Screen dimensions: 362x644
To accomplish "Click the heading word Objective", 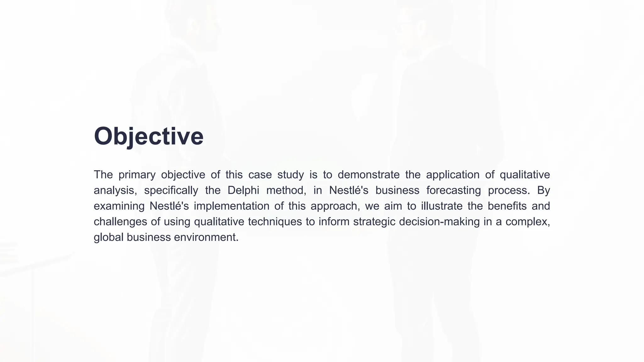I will coord(148,136).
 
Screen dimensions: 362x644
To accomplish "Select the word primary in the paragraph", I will coord(137,175).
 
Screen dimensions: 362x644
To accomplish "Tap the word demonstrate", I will coord(369,175).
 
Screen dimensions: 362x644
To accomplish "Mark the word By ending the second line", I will coord(543,190).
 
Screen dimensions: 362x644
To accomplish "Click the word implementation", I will coord(231,206).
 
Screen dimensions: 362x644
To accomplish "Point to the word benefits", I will coord(507,206).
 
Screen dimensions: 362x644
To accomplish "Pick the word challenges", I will coord(120,222).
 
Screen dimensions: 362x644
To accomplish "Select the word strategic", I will coord(374,222).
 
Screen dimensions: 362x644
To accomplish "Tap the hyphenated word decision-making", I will coord(439,222).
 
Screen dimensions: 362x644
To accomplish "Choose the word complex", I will coord(527,222).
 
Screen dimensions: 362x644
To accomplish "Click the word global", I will coord(108,237).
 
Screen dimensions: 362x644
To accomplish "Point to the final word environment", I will coord(206,237).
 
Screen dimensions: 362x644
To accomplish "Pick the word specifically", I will coord(171,190).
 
